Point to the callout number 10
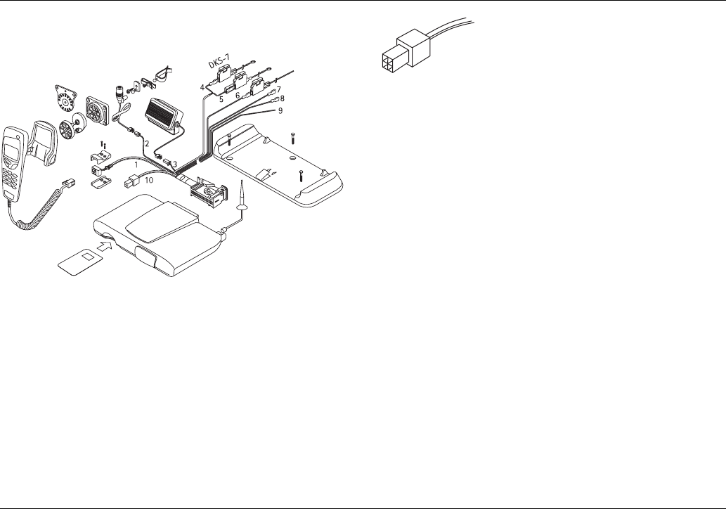click(x=148, y=179)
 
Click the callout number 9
click(x=280, y=111)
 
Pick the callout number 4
click(x=202, y=87)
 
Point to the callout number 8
click(x=282, y=99)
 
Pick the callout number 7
click(x=278, y=89)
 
